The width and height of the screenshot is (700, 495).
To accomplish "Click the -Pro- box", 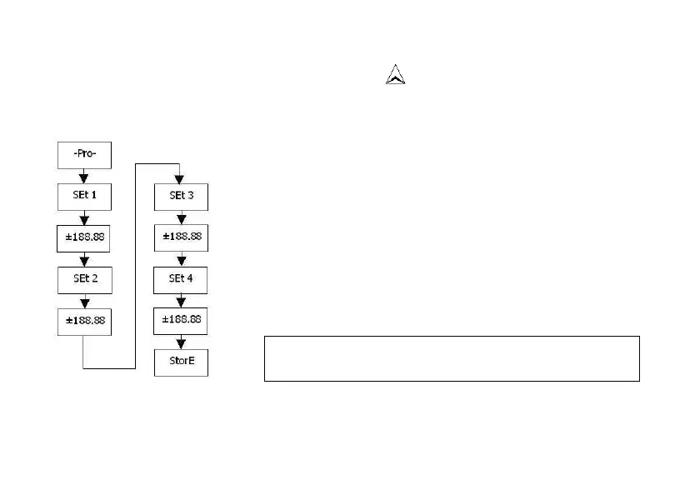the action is coord(82,156).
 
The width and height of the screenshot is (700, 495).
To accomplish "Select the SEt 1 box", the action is coord(82,198).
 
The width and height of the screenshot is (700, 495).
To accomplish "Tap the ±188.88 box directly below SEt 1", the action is coord(82,238).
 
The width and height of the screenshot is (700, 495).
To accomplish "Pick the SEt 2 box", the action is coord(82,279).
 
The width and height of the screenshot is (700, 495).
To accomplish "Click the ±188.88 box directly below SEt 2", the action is coord(82,321).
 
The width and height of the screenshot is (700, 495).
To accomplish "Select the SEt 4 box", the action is coord(180,279).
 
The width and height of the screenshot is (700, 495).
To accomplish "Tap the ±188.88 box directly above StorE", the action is coord(180,321).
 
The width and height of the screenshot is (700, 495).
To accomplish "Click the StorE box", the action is coord(180,362).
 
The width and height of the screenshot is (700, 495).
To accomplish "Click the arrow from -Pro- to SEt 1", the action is coord(82,177).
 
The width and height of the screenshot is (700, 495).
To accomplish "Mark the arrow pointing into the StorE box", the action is coord(180,342).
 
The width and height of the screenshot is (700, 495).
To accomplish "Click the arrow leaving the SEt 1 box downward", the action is coord(82,218).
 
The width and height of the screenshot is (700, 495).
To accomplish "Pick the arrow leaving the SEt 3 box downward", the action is coord(180,218).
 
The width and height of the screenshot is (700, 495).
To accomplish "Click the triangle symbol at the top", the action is coord(396,76).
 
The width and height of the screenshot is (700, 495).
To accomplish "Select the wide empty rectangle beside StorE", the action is coord(452,358).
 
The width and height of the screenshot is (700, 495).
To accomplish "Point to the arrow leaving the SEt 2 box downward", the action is coord(82,301).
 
